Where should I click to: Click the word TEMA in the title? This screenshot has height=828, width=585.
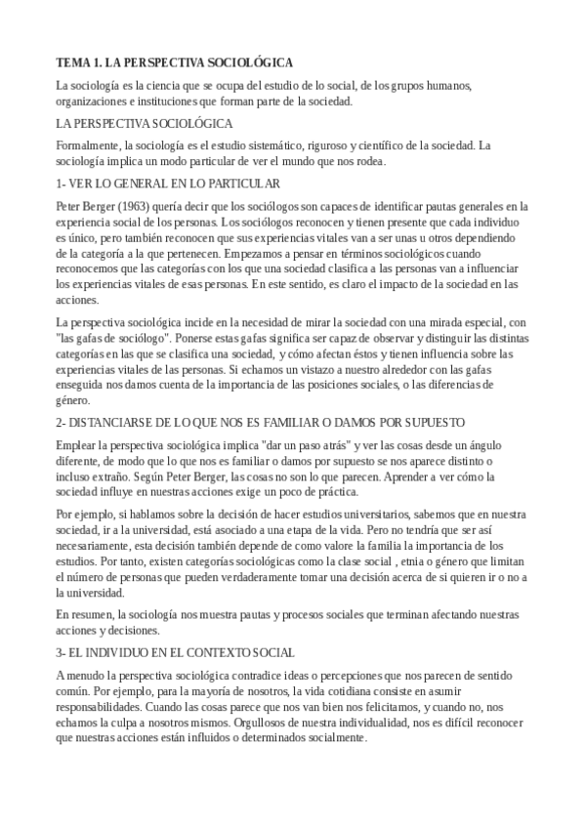pyautogui.click(x=71, y=62)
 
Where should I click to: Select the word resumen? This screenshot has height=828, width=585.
pyautogui.click(x=90, y=614)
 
